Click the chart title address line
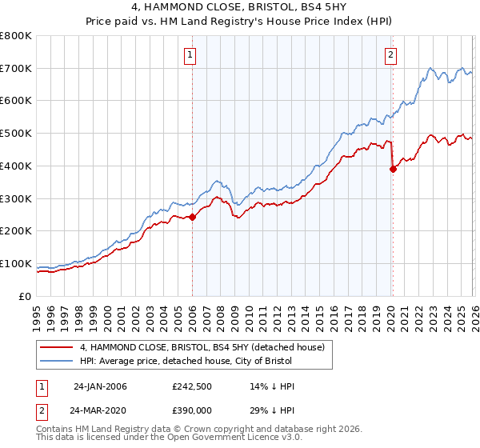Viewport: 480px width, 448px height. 240,7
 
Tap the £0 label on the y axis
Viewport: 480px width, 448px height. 25,296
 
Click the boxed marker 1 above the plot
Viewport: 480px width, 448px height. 190,55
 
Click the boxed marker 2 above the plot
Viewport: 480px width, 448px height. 390,55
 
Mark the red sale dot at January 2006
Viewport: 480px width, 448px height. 192,217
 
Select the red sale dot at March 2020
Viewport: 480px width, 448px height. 393,169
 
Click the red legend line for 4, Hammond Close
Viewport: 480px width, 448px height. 56,347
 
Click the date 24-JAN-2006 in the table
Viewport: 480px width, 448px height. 100,386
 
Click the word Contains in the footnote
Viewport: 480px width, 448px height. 55,430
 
